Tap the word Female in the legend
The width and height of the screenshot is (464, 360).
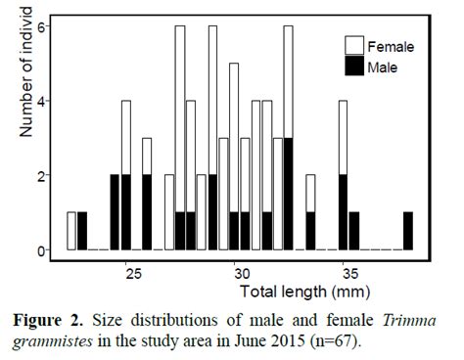(x=393, y=46)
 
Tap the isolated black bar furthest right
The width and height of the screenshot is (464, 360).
(x=407, y=231)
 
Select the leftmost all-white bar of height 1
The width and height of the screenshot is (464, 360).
(x=71, y=231)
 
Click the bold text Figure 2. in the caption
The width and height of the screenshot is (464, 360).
(x=61, y=319)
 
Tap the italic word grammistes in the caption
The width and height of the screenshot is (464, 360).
(x=57, y=338)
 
